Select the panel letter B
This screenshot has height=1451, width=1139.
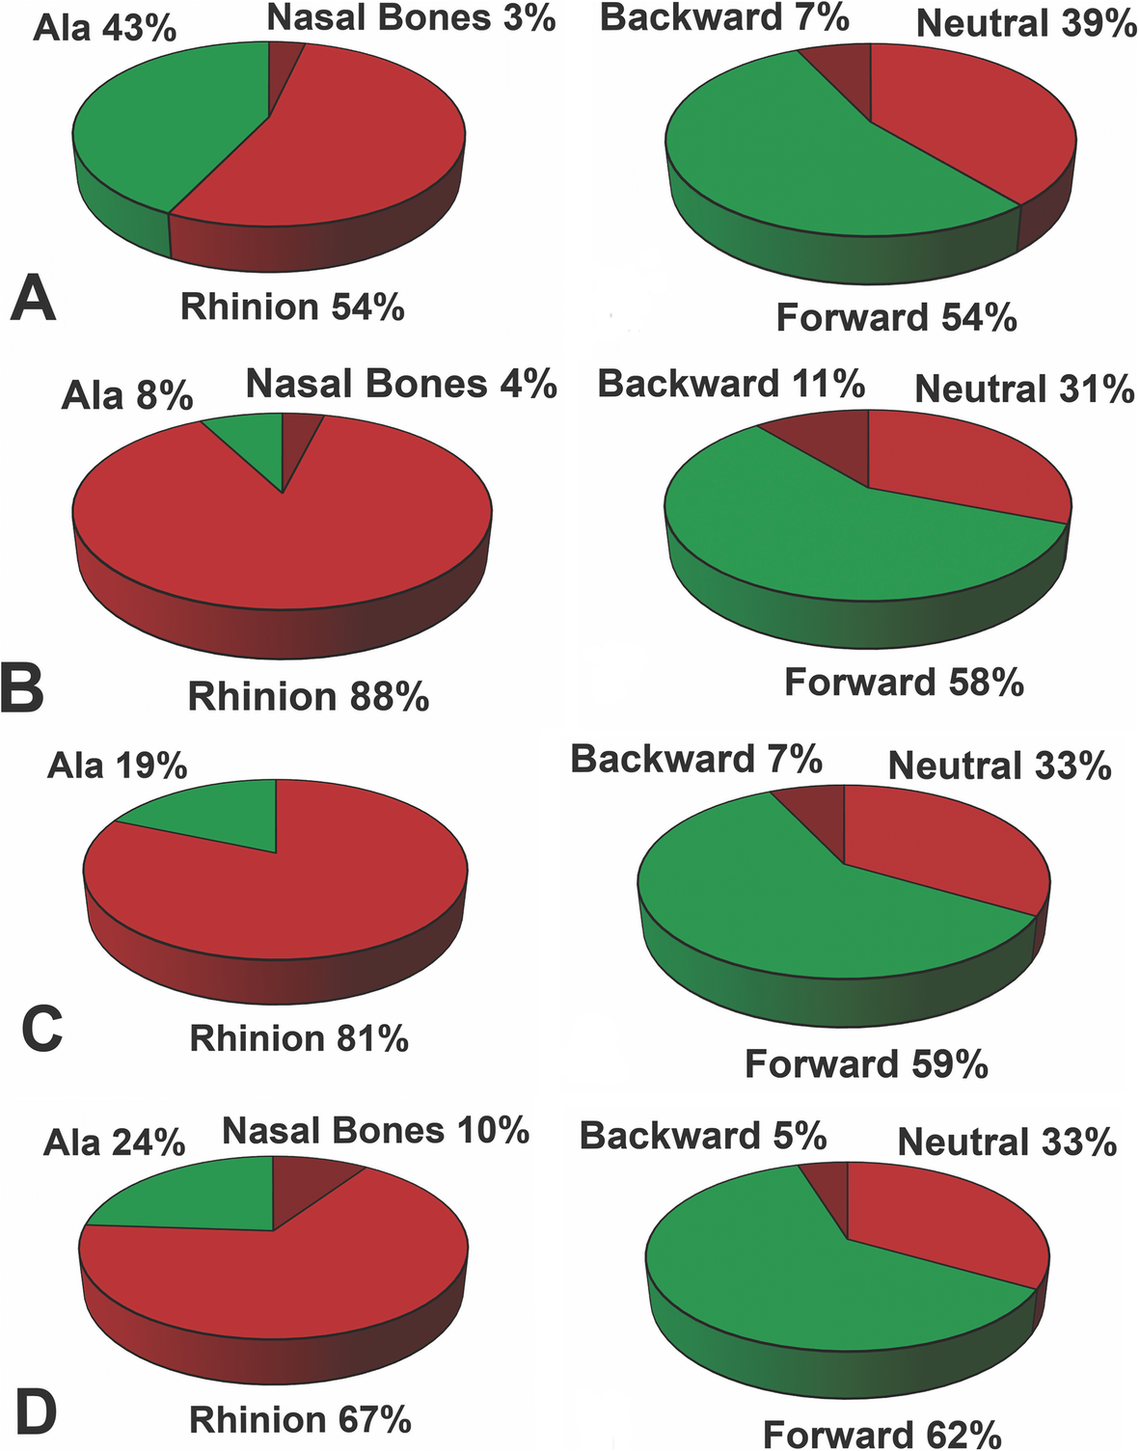pyautogui.click(x=22, y=687)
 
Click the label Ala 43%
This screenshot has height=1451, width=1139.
pyautogui.click(x=105, y=28)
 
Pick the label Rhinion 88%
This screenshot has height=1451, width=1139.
pyautogui.click(x=308, y=696)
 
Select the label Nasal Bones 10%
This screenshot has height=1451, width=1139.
pyautogui.click(x=375, y=1130)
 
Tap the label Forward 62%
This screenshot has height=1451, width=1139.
pyautogui.click(x=881, y=1434)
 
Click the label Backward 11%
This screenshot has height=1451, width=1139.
pyautogui.click(x=731, y=384)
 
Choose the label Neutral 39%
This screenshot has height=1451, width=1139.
pyautogui.click(x=1026, y=23)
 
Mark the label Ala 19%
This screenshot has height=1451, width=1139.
pyautogui.click(x=117, y=766)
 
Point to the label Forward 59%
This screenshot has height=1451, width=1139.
pyautogui.click(x=866, y=1063)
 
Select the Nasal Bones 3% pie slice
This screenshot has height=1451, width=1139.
pyautogui.click(x=284, y=64)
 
